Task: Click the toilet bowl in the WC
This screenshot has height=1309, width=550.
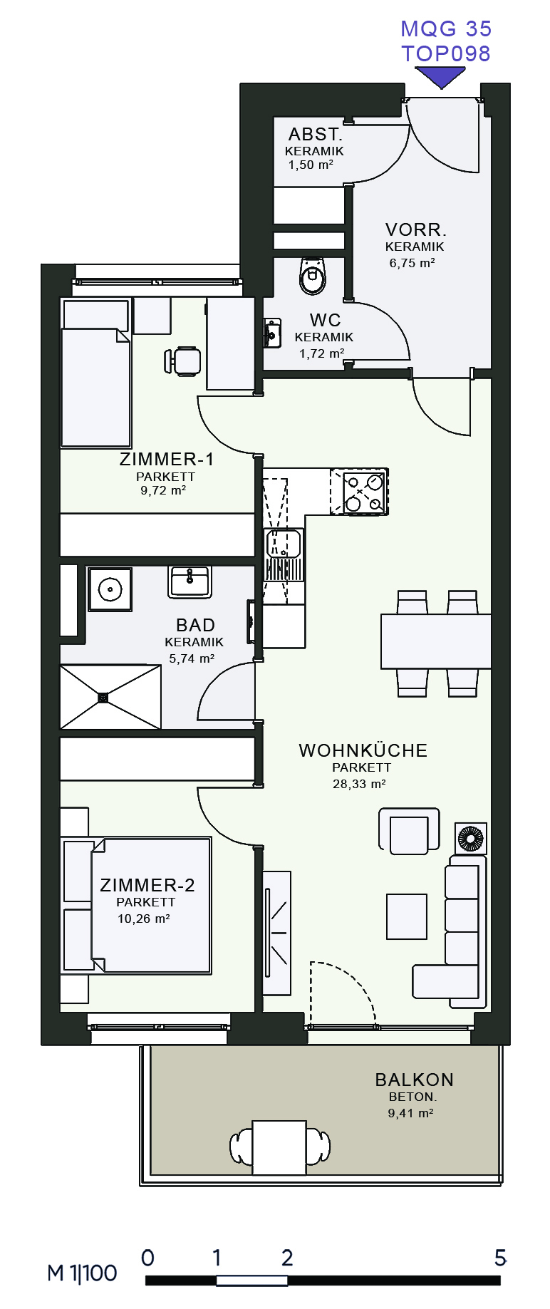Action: click(x=313, y=276)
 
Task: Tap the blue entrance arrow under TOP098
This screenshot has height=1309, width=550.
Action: click(x=441, y=76)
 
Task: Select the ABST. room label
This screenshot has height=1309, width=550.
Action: click(x=316, y=134)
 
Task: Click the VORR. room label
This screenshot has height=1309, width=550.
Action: click(x=416, y=229)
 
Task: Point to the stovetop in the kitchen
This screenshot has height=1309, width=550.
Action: click(x=360, y=492)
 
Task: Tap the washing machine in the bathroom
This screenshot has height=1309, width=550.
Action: click(x=110, y=589)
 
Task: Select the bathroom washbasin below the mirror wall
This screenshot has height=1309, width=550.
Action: click(x=190, y=581)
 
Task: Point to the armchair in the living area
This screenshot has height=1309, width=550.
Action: click(x=409, y=831)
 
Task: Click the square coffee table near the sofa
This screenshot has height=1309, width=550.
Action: click(x=407, y=917)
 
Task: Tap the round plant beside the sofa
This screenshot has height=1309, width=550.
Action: click(x=470, y=838)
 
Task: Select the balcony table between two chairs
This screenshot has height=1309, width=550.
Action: click(x=280, y=1147)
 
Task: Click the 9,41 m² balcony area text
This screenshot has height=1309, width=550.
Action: click(x=410, y=1113)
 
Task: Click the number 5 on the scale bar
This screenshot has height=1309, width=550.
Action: click(x=501, y=1258)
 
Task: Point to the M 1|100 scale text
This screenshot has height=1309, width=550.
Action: click(x=83, y=1273)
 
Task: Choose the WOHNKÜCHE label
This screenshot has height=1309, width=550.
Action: click(x=363, y=750)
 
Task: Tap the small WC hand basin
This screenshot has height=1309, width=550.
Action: click(x=271, y=333)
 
